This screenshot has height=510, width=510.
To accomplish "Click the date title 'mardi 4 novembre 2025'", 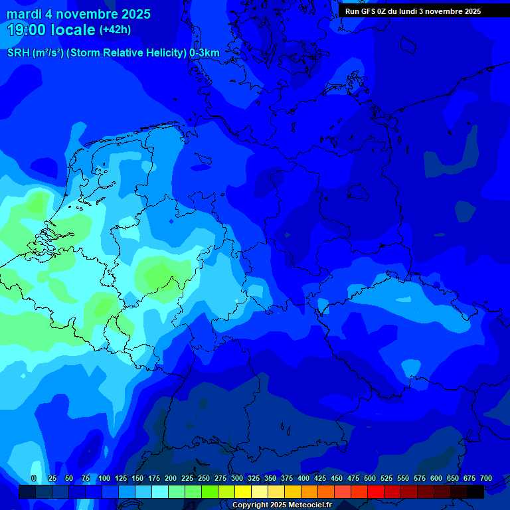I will pyautogui.click(x=78, y=14).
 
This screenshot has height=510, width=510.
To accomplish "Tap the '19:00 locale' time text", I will pyautogui.click(x=51, y=30).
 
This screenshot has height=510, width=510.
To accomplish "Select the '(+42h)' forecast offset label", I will pyautogui.click(x=115, y=30).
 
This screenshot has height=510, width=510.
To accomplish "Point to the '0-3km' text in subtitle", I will pyautogui.click(x=205, y=53).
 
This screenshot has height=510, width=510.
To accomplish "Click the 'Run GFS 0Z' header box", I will pyautogui.click(x=413, y=11).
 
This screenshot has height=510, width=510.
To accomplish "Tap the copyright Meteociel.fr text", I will pyautogui.click(x=282, y=505).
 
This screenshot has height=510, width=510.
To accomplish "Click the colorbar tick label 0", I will pyautogui.click(x=34, y=478).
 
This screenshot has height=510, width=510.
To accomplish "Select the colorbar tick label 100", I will pyautogui.click(x=104, y=478).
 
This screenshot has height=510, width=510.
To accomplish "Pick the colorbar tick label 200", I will pyautogui.click(x=171, y=478).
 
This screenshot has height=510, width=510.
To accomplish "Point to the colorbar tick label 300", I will pyautogui.click(x=237, y=478).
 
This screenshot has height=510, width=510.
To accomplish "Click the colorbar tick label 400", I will pyautogui.click(x=303, y=478).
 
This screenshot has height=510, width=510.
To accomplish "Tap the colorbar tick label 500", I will pyautogui.click(x=370, y=478).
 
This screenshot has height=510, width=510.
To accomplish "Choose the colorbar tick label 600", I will pyautogui.click(x=436, y=478).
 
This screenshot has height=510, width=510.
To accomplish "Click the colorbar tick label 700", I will pyautogui.click(x=486, y=478).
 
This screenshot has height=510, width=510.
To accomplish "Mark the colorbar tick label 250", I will pyautogui.click(x=204, y=478).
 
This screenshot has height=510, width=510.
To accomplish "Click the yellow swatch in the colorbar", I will pyautogui.click(x=243, y=491).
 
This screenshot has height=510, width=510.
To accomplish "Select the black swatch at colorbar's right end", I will pyautogui.click(x=475, y=491).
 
